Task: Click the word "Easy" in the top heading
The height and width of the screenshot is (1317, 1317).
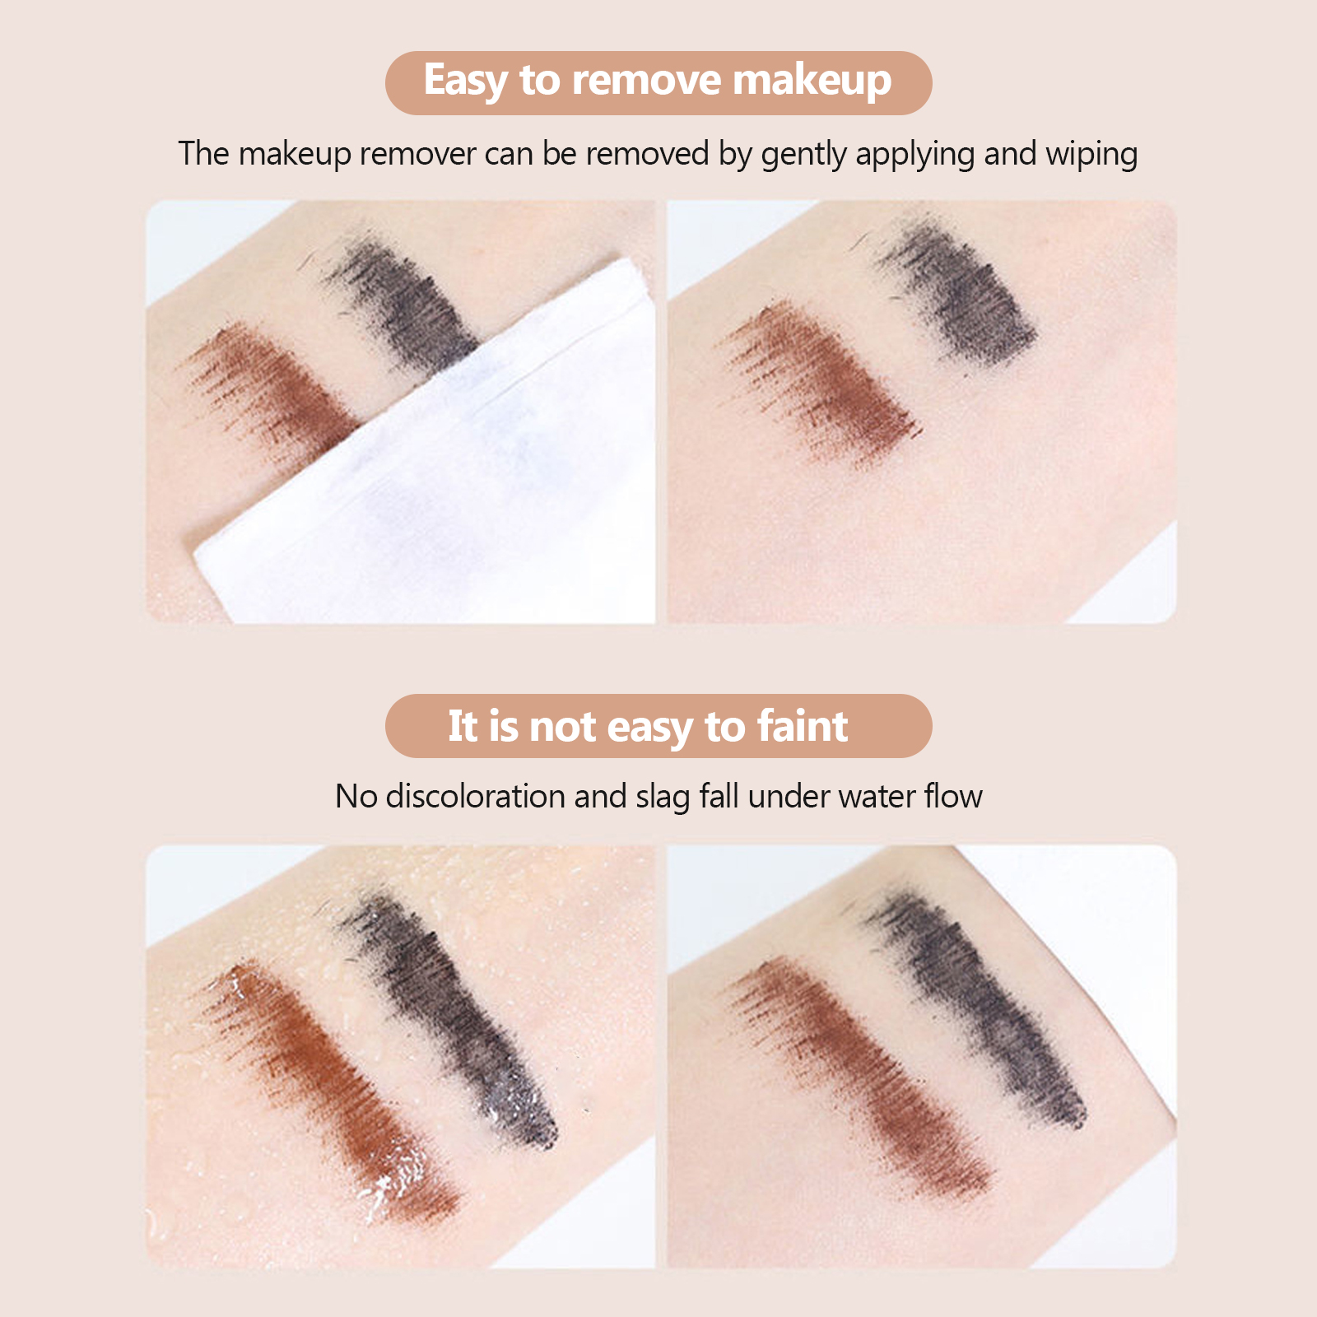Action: coord(466,81)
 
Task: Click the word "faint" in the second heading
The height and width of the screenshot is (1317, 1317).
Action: coord(803,726)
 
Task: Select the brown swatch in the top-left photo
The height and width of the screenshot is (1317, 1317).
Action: coord(276,387)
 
